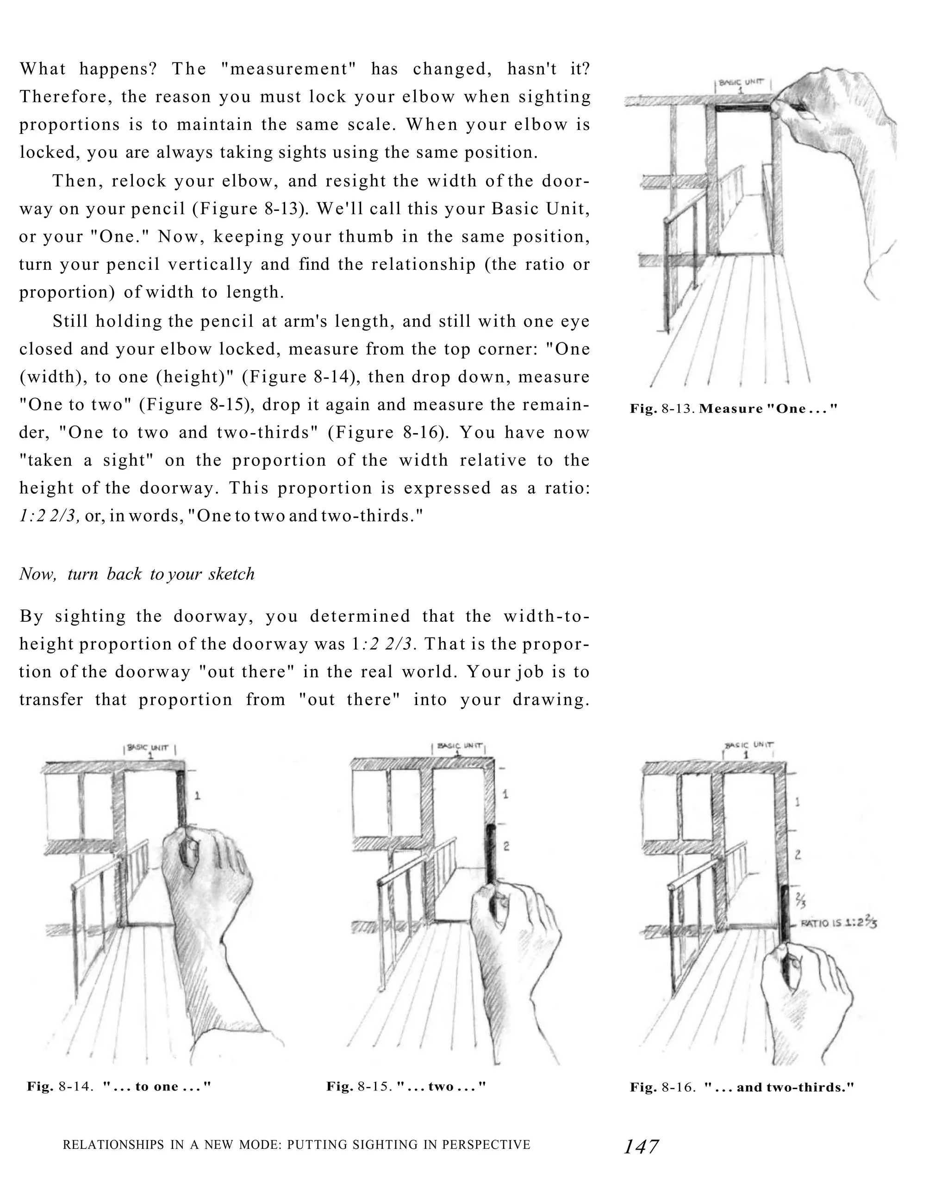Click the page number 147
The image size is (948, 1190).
[x=641, y=1147]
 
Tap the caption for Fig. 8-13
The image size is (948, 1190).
[x=734, y=409]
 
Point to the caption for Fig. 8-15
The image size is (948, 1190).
[x=406, y=1087]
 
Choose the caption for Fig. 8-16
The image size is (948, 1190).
[x=742, y=1087]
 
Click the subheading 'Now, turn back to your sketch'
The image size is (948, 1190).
[x=137, y=574]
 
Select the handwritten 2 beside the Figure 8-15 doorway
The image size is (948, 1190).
[x=506, y=846]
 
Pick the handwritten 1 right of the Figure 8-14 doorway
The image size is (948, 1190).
[x=197, y=795]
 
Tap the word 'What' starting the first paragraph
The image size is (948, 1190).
[x=43, y=69]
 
